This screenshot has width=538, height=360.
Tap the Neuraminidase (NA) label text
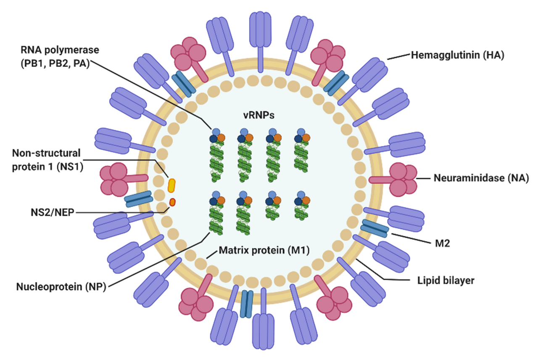pos(481,178)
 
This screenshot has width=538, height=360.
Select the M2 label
pos(443,243)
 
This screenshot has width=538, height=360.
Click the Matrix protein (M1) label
pos(264,251)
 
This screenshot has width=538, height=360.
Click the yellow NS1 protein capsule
pos(171,185)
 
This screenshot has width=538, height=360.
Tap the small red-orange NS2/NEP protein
pos(172,203)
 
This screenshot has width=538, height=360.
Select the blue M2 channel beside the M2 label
pos(374,228)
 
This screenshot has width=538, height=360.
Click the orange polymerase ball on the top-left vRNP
pos(221,138)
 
